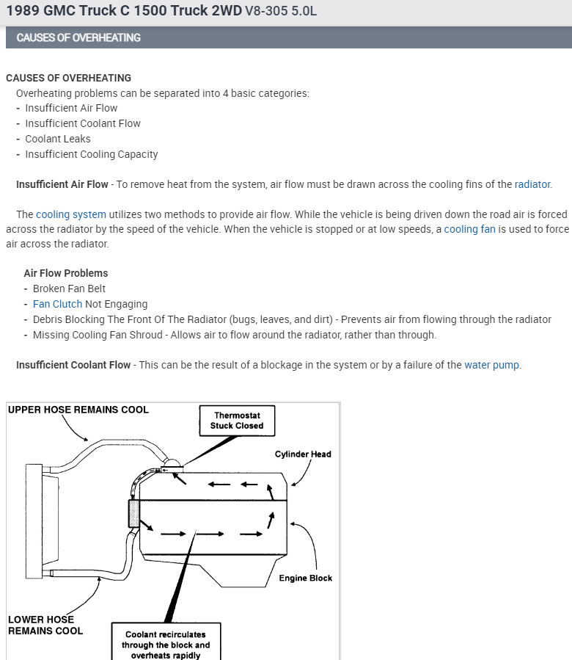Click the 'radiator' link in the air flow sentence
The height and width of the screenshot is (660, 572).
532,184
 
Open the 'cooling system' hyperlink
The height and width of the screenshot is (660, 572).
71,214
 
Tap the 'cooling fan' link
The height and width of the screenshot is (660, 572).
470,230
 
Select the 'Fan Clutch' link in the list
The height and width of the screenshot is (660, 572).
58,304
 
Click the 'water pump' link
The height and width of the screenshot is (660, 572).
492,365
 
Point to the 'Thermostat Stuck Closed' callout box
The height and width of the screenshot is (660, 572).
237,420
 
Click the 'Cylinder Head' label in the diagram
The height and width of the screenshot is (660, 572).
303,454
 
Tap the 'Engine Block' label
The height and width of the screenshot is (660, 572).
305,578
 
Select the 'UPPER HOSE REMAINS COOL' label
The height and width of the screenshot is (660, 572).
78,410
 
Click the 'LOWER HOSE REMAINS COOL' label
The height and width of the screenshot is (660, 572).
45,625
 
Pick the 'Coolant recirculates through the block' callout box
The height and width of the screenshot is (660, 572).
166,644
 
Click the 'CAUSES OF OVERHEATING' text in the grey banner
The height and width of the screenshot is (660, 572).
78,37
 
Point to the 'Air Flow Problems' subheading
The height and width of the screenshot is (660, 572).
66,273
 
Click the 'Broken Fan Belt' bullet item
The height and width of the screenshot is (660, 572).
69,289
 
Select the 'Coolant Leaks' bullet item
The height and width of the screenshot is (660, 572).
58,139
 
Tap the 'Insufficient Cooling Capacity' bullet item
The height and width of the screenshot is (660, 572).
92,154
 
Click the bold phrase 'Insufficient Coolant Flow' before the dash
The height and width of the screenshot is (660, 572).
73,365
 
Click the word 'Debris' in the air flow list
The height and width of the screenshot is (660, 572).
49,319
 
